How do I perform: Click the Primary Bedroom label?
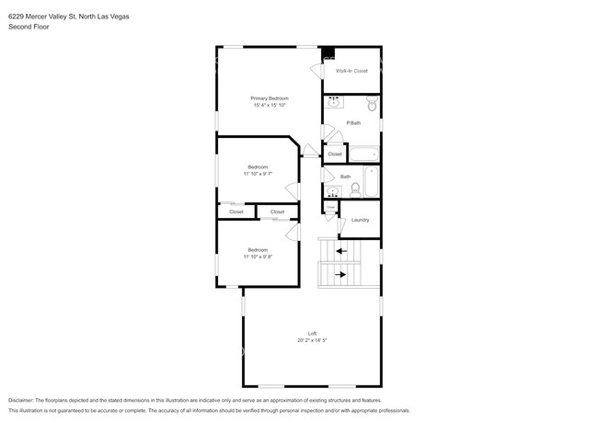pos(270,98)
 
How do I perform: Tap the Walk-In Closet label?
pos(351,71)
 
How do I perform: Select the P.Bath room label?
pos(352,123)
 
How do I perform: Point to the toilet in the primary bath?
pos(371,103)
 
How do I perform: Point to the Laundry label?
pos(360,220)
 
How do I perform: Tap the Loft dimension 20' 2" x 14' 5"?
pos(312,340)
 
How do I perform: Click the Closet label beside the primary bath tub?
pos(335,154)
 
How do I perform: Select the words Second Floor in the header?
pos(29,27)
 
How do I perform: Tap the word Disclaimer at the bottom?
pos(26,401)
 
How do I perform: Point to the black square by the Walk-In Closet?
pos(328,52)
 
